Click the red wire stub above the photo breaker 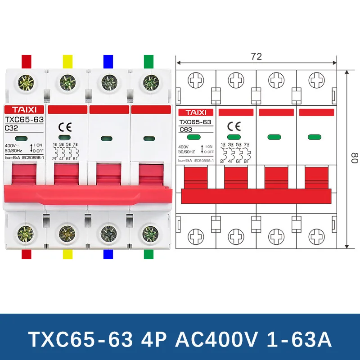(x=27, y=61)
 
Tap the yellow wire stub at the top (x=67, y=61)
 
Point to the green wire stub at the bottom (x=148, y=254)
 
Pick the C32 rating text (x=11, y=128)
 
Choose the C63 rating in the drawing (x=186, y=130)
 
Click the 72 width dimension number (x=256, y=57)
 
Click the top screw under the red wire (x=24, y=82)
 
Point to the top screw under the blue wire (x=108, y=82)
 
